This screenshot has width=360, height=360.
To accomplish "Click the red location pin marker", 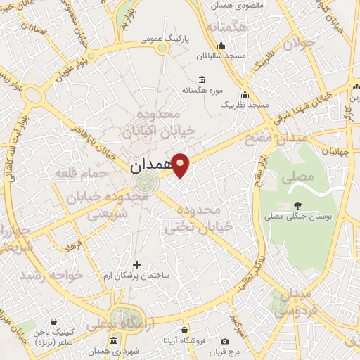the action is (181, 165).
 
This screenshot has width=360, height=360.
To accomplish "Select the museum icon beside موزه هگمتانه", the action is (202, 79).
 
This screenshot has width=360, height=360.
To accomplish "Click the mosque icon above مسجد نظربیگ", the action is (245, 95).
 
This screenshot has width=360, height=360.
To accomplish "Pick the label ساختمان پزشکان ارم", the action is (136, 276).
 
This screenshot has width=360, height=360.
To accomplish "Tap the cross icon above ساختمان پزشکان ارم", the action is (136, 264).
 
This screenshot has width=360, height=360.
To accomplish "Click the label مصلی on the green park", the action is (297, 179).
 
